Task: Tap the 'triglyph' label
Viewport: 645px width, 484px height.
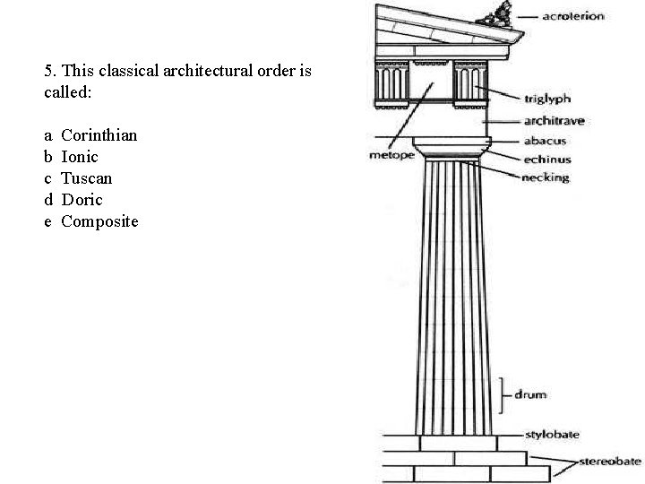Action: (546, 99)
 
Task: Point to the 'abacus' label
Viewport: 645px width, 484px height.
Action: (545, 141)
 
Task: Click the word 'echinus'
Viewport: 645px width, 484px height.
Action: (547, 160)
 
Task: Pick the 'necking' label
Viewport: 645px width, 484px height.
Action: (545, 177)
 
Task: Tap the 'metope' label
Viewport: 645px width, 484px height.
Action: (391, 155)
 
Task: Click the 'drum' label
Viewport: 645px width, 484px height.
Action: (529, 394)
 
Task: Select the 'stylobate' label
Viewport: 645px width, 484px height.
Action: (552, 435)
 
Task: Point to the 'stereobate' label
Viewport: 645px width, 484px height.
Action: (610, 462)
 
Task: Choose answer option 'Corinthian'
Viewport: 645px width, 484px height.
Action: (99, 135)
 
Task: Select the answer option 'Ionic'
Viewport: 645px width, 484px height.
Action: (80, 157)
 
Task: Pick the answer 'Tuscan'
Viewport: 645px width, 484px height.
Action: (86, 178)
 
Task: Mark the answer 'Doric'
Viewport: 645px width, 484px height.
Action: (82, 200)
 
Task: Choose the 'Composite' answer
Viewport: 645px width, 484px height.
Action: (99, 221)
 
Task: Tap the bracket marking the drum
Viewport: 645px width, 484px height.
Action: (503, 394)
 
